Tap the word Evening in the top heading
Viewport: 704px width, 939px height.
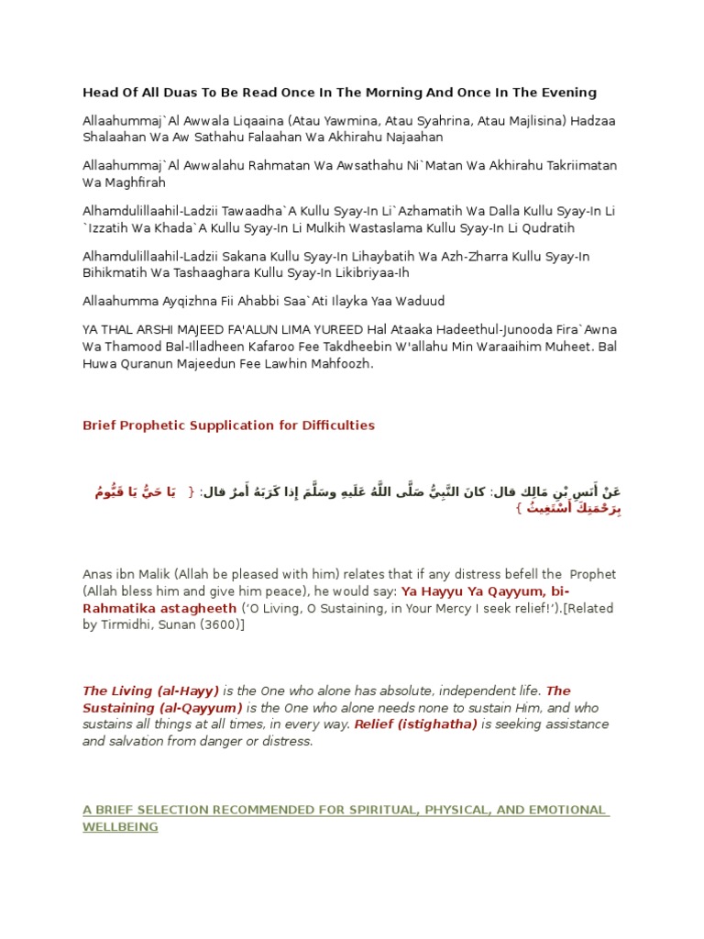click(565, 93)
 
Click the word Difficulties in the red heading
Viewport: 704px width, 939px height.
click(335, 425)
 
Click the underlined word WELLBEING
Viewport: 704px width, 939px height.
click(120, 826)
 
